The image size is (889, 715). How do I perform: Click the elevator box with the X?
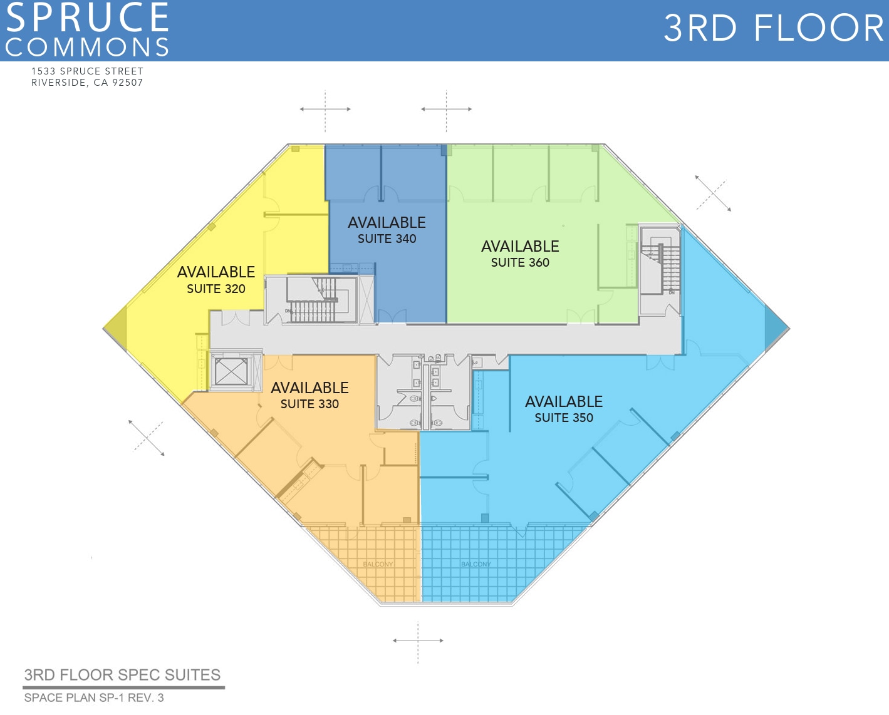click(x=231, y=371)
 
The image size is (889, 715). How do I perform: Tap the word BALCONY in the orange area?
click(x=378, y=564)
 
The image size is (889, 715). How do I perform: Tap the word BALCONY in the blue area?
click(x=476, y=564)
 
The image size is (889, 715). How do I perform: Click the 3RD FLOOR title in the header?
click(x=773, y=28)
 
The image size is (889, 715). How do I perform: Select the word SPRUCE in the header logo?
click(x=88, y=17)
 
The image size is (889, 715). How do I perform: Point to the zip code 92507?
click(x=127, y=83)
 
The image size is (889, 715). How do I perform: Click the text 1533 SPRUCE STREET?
click(x=87, y=71)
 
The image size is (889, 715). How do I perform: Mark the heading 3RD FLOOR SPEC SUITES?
click(x=122, y=675)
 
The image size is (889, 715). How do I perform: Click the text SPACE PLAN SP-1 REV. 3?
click(x=94, y=697)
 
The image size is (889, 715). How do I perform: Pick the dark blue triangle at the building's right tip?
click(x=776, y=328)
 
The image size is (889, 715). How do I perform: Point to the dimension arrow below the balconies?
click(x=418, y=640)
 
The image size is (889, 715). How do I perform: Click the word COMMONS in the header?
click(x=88, y=47)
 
